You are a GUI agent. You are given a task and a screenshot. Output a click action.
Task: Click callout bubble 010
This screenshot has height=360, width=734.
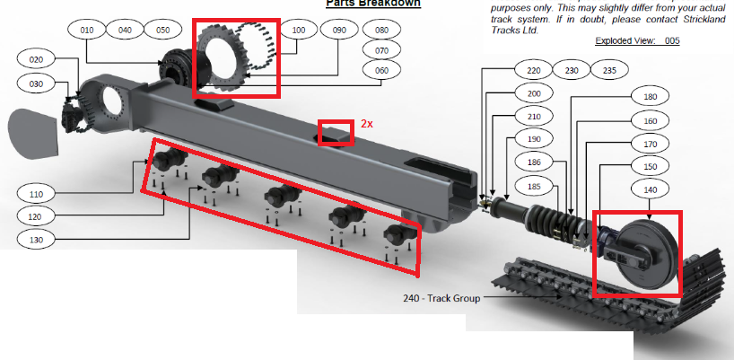(x=87, y=30)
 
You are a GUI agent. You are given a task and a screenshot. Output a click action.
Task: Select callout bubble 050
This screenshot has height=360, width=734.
(x=162, y=30)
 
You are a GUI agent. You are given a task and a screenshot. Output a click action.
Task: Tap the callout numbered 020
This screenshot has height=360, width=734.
(x=36, y=59)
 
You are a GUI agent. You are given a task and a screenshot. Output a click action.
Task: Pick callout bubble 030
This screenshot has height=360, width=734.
(x=36, y=83)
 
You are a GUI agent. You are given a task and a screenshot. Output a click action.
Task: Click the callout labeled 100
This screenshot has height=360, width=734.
(x=300, y=30)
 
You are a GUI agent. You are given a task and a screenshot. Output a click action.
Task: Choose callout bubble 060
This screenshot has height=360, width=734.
(x=381, y=70)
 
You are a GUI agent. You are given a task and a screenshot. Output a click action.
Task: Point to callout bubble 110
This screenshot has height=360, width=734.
(x=36, y=193)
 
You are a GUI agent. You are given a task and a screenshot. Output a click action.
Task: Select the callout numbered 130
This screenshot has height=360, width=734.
(x=36, y=240)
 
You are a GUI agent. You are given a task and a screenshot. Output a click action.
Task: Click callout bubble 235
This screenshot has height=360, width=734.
(x=610, y=70)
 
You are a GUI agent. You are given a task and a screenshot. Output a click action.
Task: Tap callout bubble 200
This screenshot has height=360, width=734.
(x=534, y=94)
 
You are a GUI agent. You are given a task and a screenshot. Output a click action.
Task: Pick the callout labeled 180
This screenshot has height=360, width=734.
(x=651, y=96)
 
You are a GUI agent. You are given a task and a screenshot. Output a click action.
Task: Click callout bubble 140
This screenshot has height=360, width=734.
(x=651, y=189)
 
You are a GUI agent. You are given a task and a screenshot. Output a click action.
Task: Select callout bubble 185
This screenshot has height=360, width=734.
(x=534, y=186)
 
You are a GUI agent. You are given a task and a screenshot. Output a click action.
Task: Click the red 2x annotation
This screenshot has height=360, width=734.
(x=367, y=123)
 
